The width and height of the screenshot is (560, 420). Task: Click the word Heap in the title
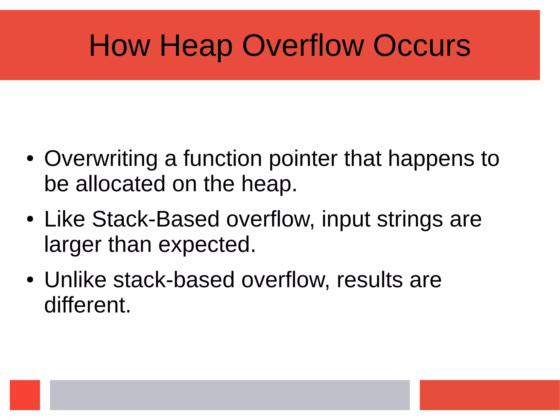tap(196, 46)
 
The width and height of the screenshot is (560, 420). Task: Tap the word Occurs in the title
tap(422, 46)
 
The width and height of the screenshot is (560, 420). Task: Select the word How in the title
tap(119, 46)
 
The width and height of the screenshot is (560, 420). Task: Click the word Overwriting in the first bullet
tap(101, 159)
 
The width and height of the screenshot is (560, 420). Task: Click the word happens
tap(431, 159)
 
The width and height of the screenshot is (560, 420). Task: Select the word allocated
tap(120, 184)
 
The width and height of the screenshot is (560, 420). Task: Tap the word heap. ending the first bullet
tap(269, 184)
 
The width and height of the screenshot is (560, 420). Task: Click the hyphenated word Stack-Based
tap(156, 219)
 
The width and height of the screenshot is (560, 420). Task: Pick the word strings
tap(410, 219)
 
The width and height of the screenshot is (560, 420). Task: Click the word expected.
tap(207, 245)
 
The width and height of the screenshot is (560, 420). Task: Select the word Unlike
tap(75, 280)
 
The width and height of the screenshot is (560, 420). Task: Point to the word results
tap(370, 280)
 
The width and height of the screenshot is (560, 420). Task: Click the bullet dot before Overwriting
tap(30, 159)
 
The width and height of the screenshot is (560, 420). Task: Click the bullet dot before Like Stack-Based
tap(30, 219)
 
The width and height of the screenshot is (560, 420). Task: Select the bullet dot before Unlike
tap(30, 280)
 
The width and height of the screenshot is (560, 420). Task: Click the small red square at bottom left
tap(25, 395)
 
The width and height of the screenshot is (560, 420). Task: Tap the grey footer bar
tap(230, 395)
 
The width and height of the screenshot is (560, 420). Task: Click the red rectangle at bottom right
tap(489, 395)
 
